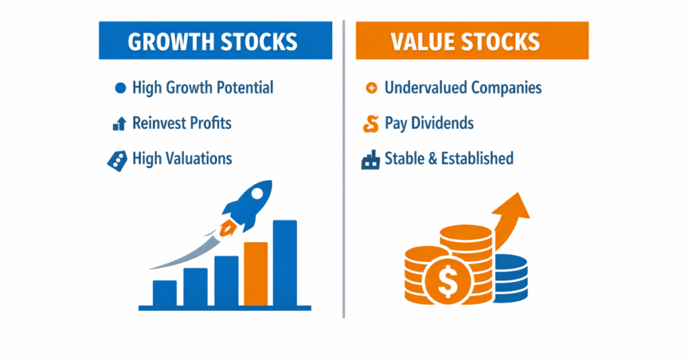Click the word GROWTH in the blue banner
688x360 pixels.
click(x=171, y=42)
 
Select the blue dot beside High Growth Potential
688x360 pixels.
click(x=120, y=88)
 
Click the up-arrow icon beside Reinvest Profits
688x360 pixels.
click(x=120, y=124)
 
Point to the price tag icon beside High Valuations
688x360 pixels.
click(x=117, y=161)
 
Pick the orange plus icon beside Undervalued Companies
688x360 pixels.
click(x=371, y=88)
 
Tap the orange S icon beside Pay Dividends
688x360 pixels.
click(x=371, y=124)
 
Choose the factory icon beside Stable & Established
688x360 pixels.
click(x=370, y=160)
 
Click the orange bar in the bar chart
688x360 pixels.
click(x=256, y=273)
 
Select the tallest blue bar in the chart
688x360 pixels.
click(x=285, y=263)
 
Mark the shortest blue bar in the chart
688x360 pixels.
click(x=165, y=293)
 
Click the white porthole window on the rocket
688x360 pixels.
click(x=257, y=194)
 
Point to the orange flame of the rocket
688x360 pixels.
click(x=228, y=228)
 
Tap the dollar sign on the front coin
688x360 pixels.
click(x=447, y=281)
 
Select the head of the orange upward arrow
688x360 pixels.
click(x=514, y=206)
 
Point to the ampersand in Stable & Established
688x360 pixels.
click(x=433, y=159)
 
